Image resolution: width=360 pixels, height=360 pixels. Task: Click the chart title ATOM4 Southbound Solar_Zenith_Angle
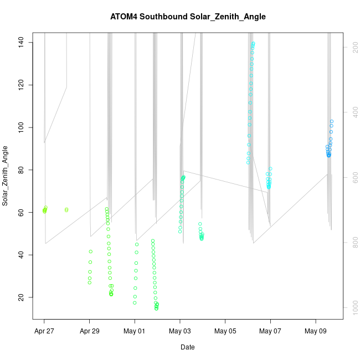[188, 17]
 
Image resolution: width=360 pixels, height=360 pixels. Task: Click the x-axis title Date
[187, 347]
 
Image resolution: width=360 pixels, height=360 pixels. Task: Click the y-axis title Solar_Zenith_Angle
[6, 176]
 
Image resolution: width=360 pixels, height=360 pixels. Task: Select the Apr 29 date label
[89, 331]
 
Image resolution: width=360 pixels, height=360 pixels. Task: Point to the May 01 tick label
[135, 331]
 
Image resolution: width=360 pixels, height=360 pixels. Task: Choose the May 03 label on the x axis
[180, 331]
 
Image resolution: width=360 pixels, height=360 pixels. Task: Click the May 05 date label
[225, 331]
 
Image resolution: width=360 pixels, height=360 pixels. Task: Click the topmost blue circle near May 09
[332, 121]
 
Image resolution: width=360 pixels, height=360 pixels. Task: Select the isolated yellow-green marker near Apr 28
[66, 210]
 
